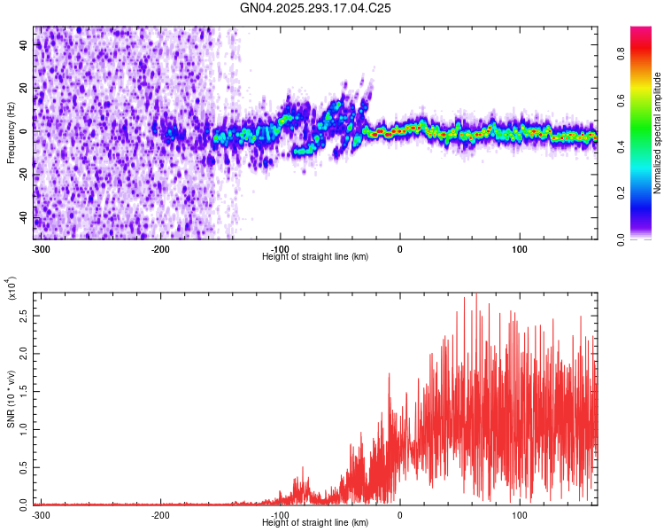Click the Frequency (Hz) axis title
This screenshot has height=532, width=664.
(11, 131)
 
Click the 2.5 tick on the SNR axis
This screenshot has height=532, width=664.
(23, 315)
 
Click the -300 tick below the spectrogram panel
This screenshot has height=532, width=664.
(41, 249)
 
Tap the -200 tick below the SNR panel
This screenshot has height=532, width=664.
(160, 515)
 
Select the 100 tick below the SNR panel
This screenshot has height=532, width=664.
(520, 515)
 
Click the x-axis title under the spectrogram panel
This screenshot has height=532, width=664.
(315, 257)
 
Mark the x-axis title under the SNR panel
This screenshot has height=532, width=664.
(315, 523)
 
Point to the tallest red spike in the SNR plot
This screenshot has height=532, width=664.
(475, 295)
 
